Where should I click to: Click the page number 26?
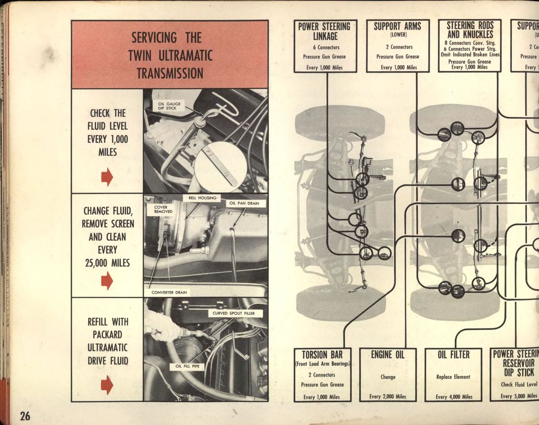coord(24,415)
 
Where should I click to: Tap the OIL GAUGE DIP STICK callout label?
coord(167,106)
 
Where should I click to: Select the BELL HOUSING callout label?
coord(203,198)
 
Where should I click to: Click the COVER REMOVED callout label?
coord(163,210)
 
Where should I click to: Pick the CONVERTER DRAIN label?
coord(170,292)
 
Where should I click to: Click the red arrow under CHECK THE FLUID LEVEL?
coord(107,177)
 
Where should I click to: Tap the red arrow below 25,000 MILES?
coord(107,280)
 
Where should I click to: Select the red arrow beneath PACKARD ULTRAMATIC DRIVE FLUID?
coord(107,384)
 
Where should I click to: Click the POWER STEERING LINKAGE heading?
coord(324,31)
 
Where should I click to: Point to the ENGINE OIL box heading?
coord(388,355)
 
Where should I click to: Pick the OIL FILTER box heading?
coord(453,355)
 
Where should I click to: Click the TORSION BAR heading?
coord(322,355)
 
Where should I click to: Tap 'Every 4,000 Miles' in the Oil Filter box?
coord(453,396)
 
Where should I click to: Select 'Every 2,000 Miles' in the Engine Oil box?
coord(388,396)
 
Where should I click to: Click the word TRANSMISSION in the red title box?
coord(170,73)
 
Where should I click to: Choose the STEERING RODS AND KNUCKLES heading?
coord(469,30)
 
